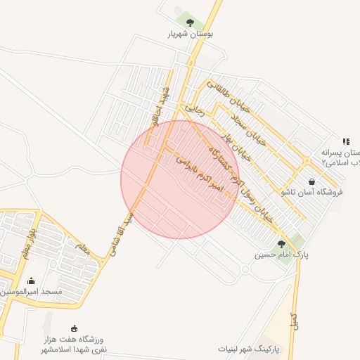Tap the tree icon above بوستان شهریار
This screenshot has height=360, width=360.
[190, 21]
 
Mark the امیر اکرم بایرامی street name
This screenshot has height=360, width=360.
[199, 173]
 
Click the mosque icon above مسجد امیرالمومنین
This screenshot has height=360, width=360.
[30, 281]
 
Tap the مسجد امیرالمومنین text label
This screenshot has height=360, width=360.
[31, 291]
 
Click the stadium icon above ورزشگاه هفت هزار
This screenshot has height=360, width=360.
[75, 328]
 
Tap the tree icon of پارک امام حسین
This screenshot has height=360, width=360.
[281, 244]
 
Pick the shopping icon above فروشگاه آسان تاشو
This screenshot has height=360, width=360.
[311, 181]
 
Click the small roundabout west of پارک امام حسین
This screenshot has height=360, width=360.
[245, 269]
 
